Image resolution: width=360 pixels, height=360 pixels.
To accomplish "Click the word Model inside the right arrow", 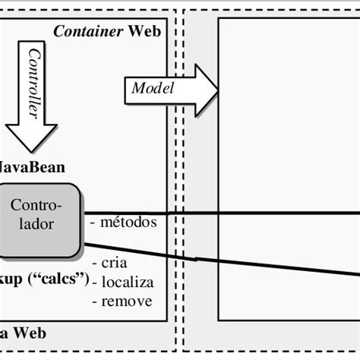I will coord(153,88).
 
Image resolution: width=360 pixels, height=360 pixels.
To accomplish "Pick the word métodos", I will coord(128,223).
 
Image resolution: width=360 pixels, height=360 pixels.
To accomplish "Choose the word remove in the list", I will coord(125,301).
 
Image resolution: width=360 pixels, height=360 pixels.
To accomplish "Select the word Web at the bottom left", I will coord(29,333).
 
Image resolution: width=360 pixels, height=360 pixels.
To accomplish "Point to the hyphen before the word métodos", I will coord(93,223).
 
